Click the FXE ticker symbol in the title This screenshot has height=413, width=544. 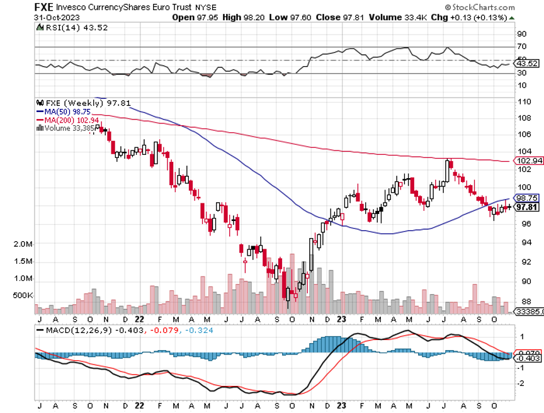click(43, 7)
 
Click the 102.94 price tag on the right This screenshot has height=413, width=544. click(528, 161)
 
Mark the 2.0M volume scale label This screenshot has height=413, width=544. click(23, 244)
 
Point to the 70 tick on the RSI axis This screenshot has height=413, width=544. click(522, 47)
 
